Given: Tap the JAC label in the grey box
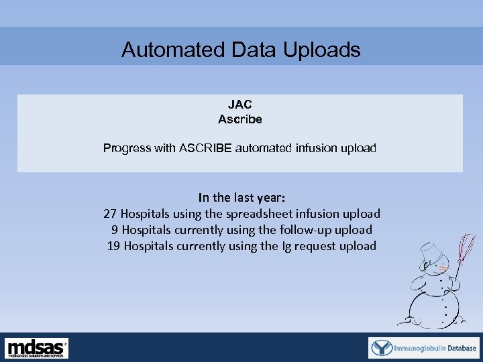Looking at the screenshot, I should (239, 105).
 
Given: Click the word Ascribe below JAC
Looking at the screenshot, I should (239, 120).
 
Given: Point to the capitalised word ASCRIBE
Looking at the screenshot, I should (205, 148).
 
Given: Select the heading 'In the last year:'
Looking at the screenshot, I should (241, 198).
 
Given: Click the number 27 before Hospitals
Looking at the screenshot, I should (110, 214).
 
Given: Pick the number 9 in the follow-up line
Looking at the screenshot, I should (115, 230).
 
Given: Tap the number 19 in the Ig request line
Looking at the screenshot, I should (114, 246).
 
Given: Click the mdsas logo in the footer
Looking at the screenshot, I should (37, 348).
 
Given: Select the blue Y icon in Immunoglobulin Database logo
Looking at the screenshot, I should (382, 348).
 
